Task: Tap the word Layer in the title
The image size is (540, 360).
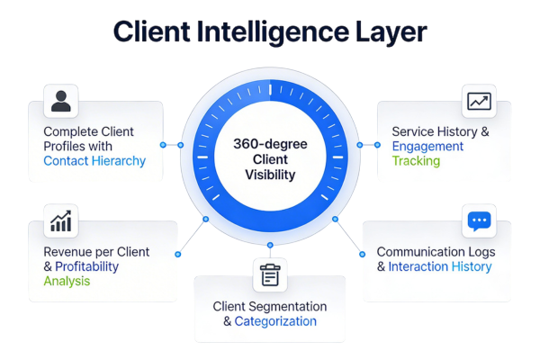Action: [x=389, y=33]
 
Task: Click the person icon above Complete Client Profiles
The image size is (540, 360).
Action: [x=60, y=100]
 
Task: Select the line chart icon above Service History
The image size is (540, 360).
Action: [x=479, y=102]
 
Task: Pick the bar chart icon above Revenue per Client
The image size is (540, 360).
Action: [x=61, y=219]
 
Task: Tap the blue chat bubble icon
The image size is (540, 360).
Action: [x=479, y=220]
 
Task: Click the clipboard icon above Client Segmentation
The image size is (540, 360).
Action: [x=269, y=274]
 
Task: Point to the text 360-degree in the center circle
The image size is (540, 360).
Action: [x=270, y=143]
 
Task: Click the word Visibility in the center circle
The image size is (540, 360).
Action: [x=270, y=175]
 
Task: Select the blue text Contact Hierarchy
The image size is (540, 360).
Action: [x=94, y=161]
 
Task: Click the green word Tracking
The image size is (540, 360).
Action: [x=416, y=161]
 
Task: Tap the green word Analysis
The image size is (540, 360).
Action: [x=67, y=282]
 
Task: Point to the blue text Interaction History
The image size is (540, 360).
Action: [x=440, y=266]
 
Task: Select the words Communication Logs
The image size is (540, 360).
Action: [x=436, y=251]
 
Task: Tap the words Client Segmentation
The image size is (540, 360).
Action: [x=269, y=306]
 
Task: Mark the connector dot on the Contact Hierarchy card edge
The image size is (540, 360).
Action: [x=163, y=144]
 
